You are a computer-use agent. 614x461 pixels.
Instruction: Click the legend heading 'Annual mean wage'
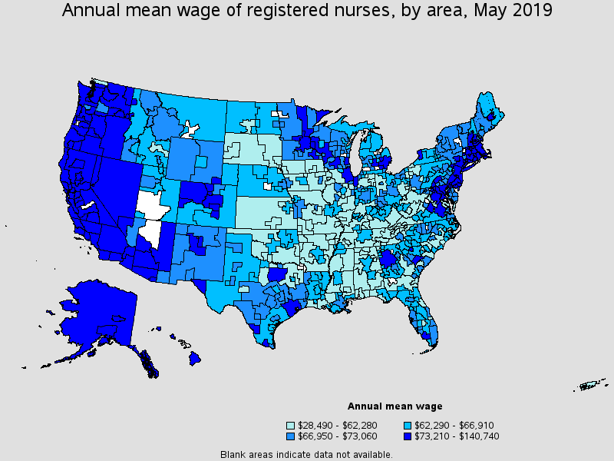pyautogui.click(x=394, y=406)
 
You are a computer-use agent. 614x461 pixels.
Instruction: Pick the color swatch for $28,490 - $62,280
pyautogui.click(x=291, y=425)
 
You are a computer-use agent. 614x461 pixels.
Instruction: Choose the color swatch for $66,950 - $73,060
pyautogui.click(x=291, y=436)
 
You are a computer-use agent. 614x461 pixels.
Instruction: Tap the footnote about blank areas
pyautogui.click(x=306, y=454)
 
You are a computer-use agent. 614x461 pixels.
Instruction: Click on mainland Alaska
pyautogui.click(x=96, y=315)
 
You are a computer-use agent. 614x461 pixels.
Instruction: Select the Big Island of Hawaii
pyautogui.click(x=196, y=358)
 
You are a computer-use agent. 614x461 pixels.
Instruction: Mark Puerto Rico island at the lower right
pyautogui.click(x=590, y=385)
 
